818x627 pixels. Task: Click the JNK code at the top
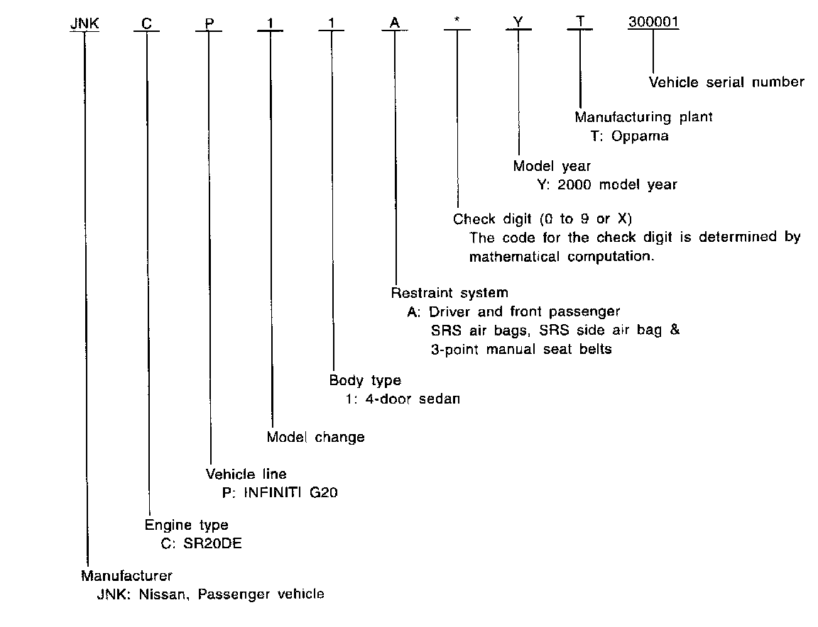click(x=84, y=23)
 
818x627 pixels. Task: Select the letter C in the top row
click(x=146, y=23)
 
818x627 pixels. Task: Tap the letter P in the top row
click(x=209, y=23)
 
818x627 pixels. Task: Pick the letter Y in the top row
click(x=519, y=23)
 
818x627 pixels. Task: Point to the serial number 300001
click(x=653, y=23)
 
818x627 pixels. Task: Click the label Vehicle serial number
click(x=726, y=82)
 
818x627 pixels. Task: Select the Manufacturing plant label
click(x=643, y=117)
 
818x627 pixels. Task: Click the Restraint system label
click(x=449, y=292)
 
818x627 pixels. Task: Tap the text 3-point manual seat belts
click(x=520, y=350)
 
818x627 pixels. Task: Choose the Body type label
click(x=365, y=381)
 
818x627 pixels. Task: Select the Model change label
click(x=315, y=438)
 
